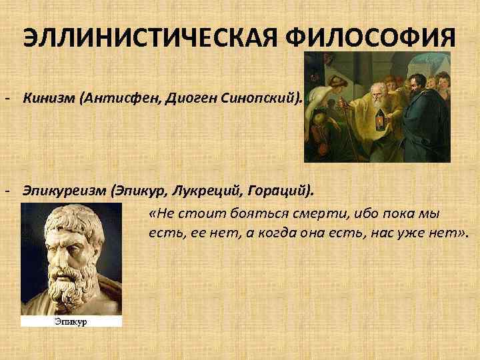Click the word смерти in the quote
321,214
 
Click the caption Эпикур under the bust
71,321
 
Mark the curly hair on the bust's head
63,220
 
